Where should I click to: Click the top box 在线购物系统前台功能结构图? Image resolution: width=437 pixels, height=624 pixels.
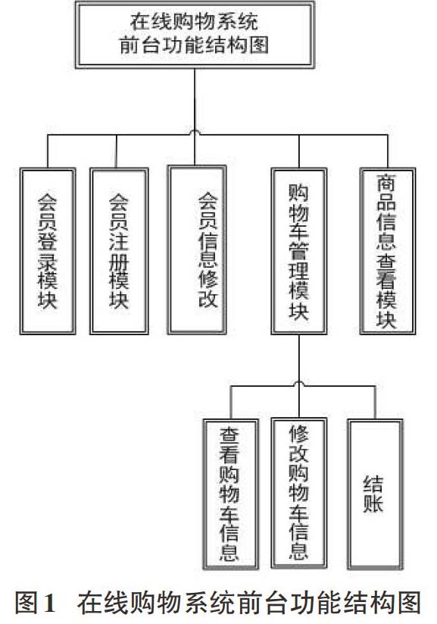[x=195, y=35]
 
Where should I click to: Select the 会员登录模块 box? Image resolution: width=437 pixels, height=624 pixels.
[x=48, y=251]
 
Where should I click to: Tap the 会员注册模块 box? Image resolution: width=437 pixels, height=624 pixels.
[x=119, y=251]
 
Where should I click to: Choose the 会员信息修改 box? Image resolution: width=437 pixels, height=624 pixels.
[x=197, y=250]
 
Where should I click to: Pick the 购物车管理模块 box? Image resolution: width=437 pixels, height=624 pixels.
[x=299, y=251]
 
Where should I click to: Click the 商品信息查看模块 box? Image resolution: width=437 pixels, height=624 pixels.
[x=387, y=251]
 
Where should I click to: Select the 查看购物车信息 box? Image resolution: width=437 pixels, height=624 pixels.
[x=231, y=494]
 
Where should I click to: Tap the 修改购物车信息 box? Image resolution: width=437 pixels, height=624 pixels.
[x=299, y=493]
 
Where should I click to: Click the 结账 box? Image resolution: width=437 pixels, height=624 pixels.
[x=375, y=494]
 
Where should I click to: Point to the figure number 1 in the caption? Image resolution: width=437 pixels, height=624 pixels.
[x=49, y=604]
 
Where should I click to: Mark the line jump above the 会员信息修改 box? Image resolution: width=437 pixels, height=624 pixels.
[x=195, y=132]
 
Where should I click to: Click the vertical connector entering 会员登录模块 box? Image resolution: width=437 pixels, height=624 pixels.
[x=48, y=151]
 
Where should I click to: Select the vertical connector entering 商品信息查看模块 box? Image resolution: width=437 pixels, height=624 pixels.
[x=387, y=151]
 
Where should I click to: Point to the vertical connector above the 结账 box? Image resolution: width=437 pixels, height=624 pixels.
[x=375, y=403]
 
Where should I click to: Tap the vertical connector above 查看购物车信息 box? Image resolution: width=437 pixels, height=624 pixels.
[x=231, y=403]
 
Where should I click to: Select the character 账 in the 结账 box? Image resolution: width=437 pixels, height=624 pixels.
[x=373, y=503]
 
